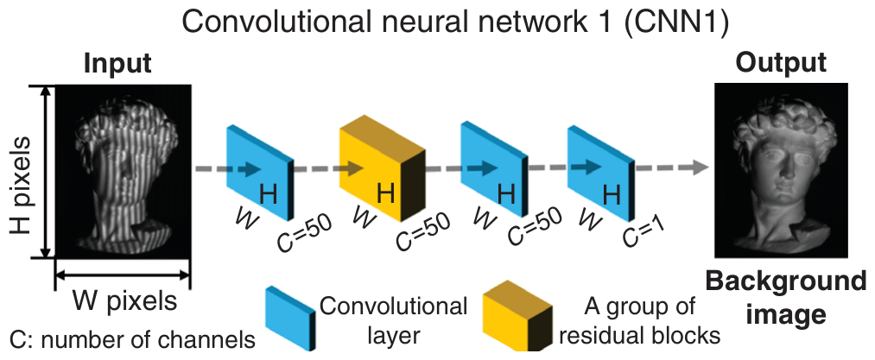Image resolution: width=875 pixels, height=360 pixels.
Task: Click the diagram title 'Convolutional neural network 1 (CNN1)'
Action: pyautogui.click(x=454, y=23)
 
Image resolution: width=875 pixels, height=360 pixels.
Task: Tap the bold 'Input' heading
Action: pyautogui.click(x=117, y=63)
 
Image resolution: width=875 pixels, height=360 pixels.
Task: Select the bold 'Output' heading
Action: pyautogui.click(x=781, y=62)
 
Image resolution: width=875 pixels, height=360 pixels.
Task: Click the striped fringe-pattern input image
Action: pyautogui.click(x=124, y=171)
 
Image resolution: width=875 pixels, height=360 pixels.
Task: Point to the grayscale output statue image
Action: pyautogui.click(x=781, y=170)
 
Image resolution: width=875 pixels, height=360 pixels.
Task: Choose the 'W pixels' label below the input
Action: pyautogui.click(x=124, y=301)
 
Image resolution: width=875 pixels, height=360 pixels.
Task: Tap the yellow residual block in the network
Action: pyautogui.click(x=383, y=175)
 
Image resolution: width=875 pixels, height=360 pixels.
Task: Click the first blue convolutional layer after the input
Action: pyautogui.click(x=259, y=171)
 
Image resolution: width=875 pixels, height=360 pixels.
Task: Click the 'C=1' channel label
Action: pyautogui.click(x=644, y=232)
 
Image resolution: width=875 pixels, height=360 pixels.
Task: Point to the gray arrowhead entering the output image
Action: pyautogui.click(x=701, y=167)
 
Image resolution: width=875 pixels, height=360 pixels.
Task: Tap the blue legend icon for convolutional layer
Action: pyautogui.click(x=290, y=319)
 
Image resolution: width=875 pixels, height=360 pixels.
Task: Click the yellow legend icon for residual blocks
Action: pyautogui.click(x=517, y=316)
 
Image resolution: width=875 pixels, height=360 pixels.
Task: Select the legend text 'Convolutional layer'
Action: pyautogui.click(x=393, y=320)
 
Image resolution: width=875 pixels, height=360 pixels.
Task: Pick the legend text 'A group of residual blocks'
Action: pyautogui.click(x=640, y=320)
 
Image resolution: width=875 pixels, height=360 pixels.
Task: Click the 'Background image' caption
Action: pyautogui.click(x=786, y=298)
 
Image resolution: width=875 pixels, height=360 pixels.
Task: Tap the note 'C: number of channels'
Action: pyautogui.click(x=133, y=338)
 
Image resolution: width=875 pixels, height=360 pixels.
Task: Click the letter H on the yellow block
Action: pyautogui.click(x=386, y=194)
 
